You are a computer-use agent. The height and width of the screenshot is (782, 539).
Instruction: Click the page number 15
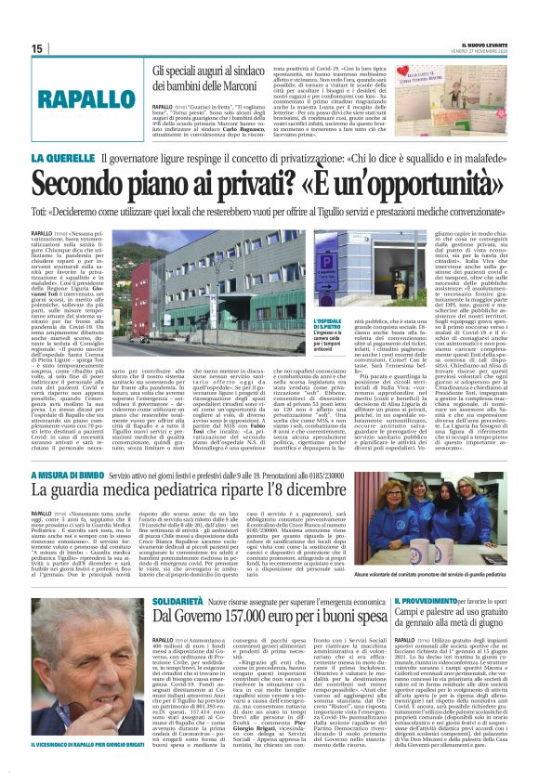pyautogui.click(x=36, y=48)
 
